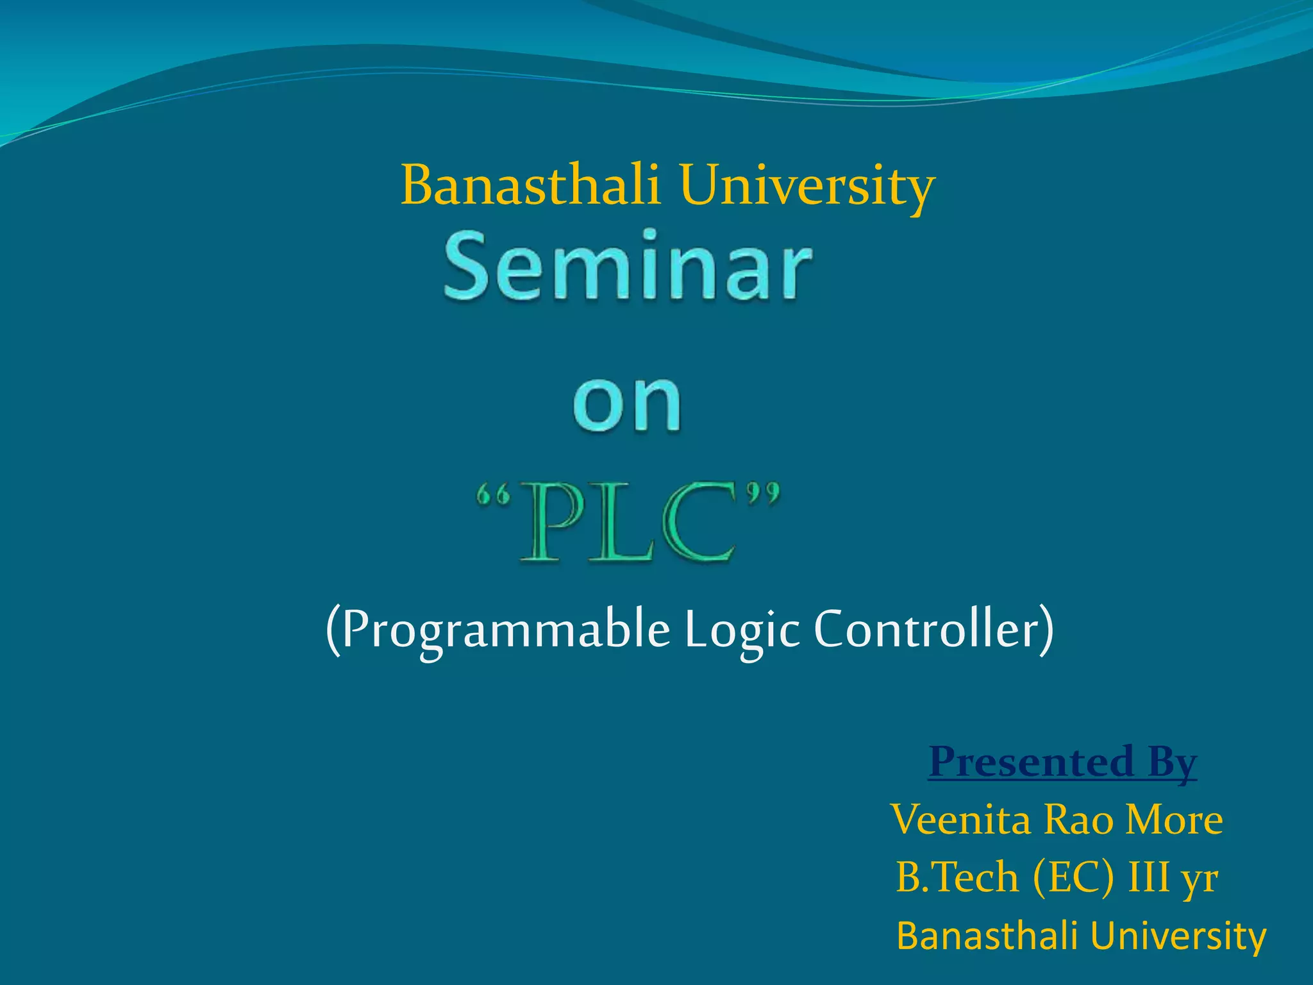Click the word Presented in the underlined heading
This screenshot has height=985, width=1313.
click(1032, 761)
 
